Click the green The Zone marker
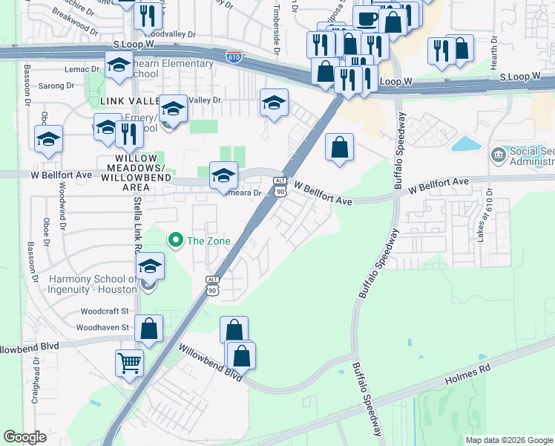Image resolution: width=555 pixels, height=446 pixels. click(176, 240)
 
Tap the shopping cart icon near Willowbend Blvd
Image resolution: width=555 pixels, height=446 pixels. click(129, 363)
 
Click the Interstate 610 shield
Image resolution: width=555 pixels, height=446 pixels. click(233, 56)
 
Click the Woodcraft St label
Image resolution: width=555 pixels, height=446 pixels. click(105, 311)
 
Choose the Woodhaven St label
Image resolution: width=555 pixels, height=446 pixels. click(103, 326)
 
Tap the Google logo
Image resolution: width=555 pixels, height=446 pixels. click(24, 437)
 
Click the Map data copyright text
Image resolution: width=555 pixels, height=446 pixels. click(508, 440)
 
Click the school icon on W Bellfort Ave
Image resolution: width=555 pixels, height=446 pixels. click(223, 175)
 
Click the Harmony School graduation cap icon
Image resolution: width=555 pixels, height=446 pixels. click(150, 265)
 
